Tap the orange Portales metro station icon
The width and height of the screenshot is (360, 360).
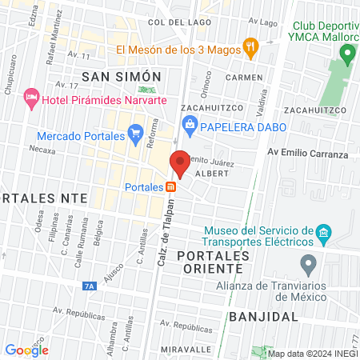[170, 187]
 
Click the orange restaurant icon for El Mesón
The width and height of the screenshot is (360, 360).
[250, 48]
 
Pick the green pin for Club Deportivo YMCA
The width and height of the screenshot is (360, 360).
[346, 54]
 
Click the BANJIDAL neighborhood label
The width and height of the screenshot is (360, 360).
[262, 316]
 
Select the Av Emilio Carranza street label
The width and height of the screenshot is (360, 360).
[307, 154]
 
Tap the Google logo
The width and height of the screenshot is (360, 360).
[26, 350]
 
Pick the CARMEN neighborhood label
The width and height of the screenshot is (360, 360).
[244, 78]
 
